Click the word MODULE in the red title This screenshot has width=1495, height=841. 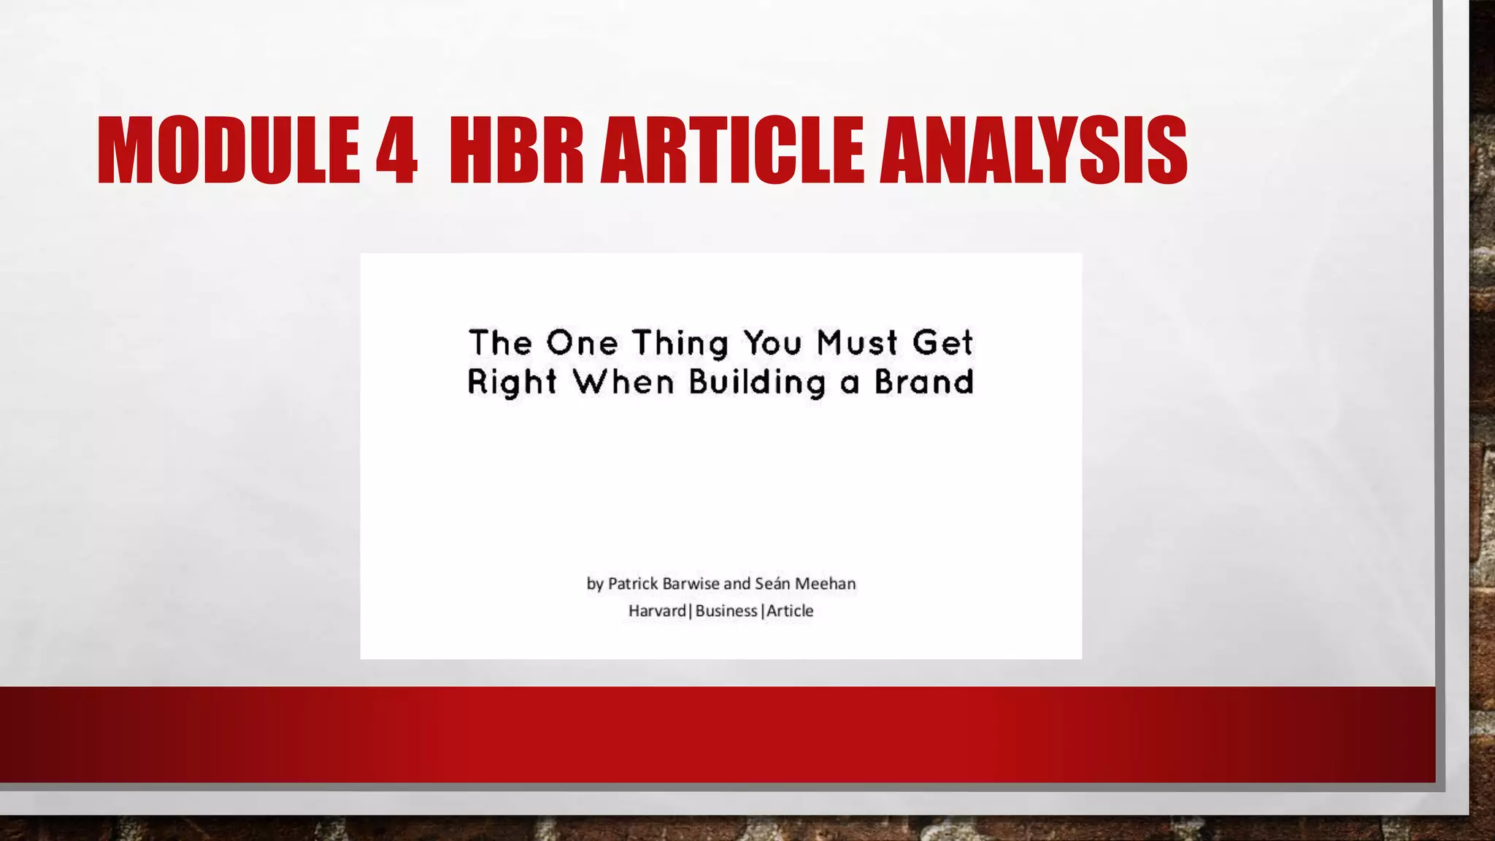point(228,151)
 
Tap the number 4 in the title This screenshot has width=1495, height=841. point(396,151)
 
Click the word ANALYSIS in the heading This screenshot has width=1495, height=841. point(1033,151)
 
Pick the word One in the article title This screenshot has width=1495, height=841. point(583,342)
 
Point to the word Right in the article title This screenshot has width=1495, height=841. point(512,383)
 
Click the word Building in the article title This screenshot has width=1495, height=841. point(757,383)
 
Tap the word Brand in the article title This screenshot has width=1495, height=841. point(924,382)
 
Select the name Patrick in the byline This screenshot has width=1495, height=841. point(633,583)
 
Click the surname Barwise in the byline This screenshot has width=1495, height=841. point(691,583)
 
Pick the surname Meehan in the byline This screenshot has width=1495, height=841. point(825,583)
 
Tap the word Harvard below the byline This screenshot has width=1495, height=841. point(657,610)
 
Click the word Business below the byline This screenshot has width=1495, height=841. point(726,610)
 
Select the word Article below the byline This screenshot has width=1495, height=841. point(790,610)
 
